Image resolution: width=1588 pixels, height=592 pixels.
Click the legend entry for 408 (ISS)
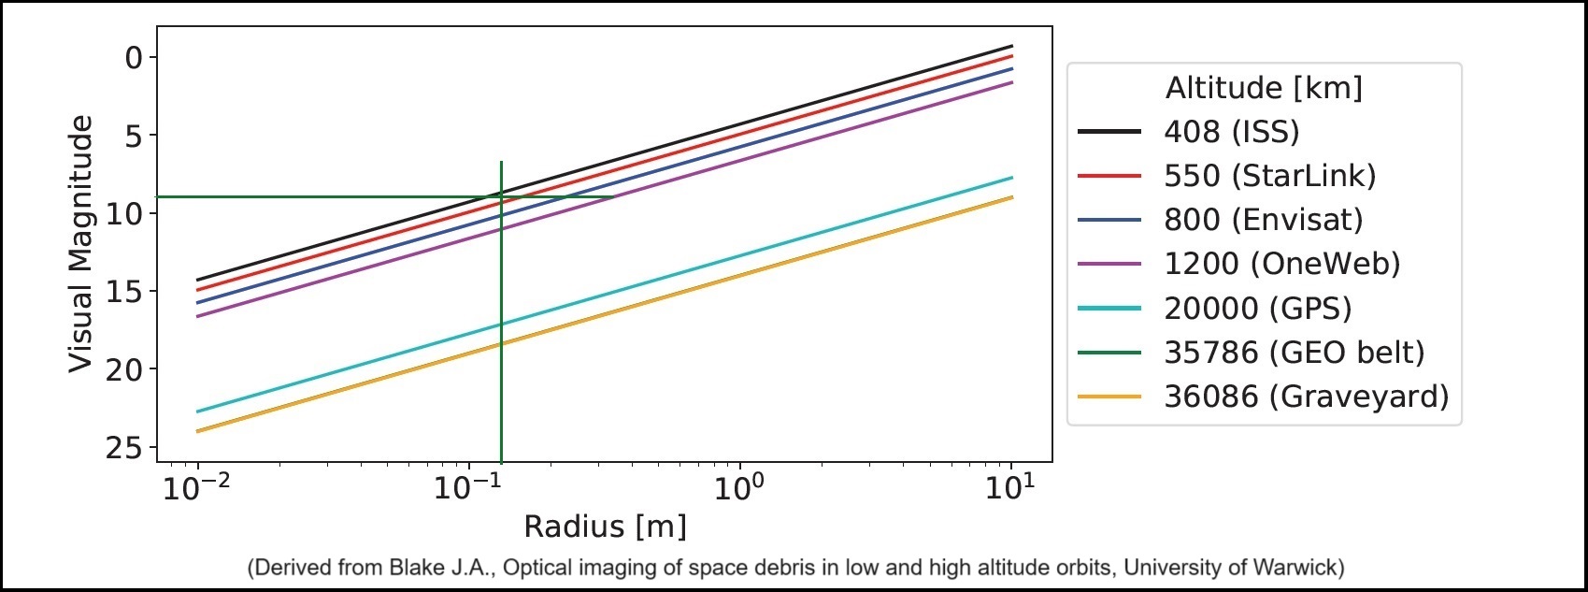pos(1231,131)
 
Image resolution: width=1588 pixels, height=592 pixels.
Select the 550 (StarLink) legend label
pos(1269,175)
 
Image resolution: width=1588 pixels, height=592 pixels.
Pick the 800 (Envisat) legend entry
pos(1264,219)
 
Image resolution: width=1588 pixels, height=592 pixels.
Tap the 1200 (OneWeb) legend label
pos(1282,263)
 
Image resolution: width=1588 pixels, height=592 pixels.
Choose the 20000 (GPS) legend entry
pos(1258,308)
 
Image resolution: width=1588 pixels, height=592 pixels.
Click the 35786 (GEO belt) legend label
pos(1295,352)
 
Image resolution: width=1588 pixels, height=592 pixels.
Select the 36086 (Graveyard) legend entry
pos(1307,396)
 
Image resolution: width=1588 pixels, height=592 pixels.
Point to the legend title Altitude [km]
pos(1264,88)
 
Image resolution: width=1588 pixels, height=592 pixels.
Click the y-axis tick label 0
pos(134,57)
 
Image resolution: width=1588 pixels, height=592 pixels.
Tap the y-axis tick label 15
pos(124,292)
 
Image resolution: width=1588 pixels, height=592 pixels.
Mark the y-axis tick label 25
pos(124,447)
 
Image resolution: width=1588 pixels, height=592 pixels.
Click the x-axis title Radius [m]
pos(605,527)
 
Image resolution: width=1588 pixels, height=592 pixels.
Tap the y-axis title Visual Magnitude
pos(80,243)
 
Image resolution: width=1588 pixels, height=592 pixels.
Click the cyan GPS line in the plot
pos(604,295)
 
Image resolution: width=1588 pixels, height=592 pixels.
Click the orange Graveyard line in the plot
pos(604,314)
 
